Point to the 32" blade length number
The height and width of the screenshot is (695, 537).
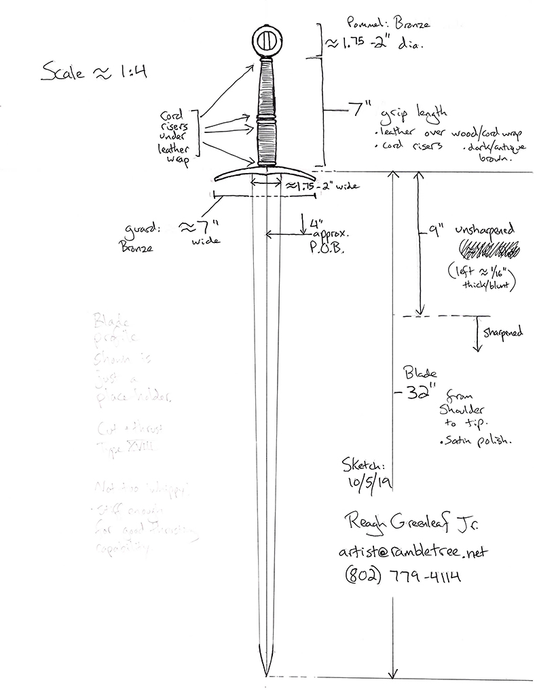pos(414,393)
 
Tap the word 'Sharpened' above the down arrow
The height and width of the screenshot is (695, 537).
pos(502,333)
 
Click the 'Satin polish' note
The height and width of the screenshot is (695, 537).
pos(475,441)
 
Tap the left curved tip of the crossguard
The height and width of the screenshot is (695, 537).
pos(217,179)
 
